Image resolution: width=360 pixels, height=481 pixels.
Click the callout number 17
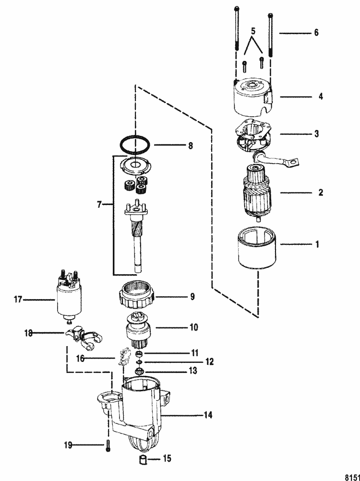tap(18, 299)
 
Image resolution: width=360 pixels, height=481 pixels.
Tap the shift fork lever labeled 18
tap(84, 338)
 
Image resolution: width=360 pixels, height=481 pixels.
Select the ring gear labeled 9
tap(137, 295)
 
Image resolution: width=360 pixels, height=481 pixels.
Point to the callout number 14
tap(207, 415)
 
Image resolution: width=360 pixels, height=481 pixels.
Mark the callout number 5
tap(253, 31)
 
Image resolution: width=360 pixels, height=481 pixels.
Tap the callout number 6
tap(316, 32)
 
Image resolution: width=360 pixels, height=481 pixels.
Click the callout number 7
tap(99, 204)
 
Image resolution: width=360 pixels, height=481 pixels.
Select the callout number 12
tap(209, 361)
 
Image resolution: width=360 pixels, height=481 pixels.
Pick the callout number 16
tap(80, 358)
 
